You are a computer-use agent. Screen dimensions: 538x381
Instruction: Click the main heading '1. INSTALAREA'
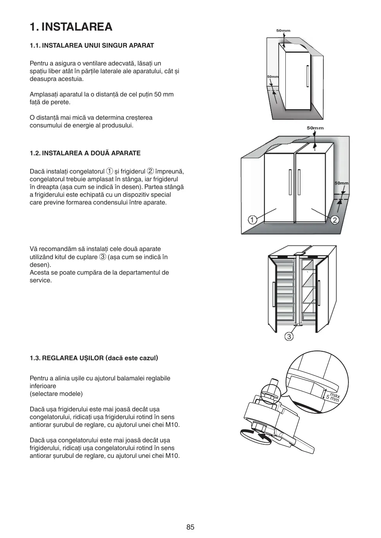[71, 27]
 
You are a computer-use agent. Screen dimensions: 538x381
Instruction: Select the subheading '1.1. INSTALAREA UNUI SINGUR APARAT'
[92, 46]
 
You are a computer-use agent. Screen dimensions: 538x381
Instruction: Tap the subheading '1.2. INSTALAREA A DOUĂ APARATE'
[85, 153]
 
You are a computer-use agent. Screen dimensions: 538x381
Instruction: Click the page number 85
[190, 527]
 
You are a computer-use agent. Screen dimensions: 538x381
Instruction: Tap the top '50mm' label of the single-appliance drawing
[283, 31]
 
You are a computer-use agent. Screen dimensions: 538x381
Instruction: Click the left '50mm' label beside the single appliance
[273, 77]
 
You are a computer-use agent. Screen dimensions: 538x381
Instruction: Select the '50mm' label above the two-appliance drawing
[315, 128]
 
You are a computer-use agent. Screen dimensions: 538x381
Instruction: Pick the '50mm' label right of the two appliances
[341, 183]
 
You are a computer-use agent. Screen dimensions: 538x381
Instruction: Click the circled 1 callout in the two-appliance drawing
[252, 220]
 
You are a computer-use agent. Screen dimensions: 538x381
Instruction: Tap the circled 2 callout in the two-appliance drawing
[335, 220]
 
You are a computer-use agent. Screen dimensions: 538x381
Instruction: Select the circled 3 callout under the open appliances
[289, 336]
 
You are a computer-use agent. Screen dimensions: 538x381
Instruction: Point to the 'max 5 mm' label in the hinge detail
[333, 397]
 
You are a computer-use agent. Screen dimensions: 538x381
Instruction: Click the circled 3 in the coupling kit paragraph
[103, 257]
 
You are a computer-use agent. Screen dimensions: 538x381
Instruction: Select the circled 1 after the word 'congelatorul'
[110, 172]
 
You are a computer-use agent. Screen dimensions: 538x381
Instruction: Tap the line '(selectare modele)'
[56, 394]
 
